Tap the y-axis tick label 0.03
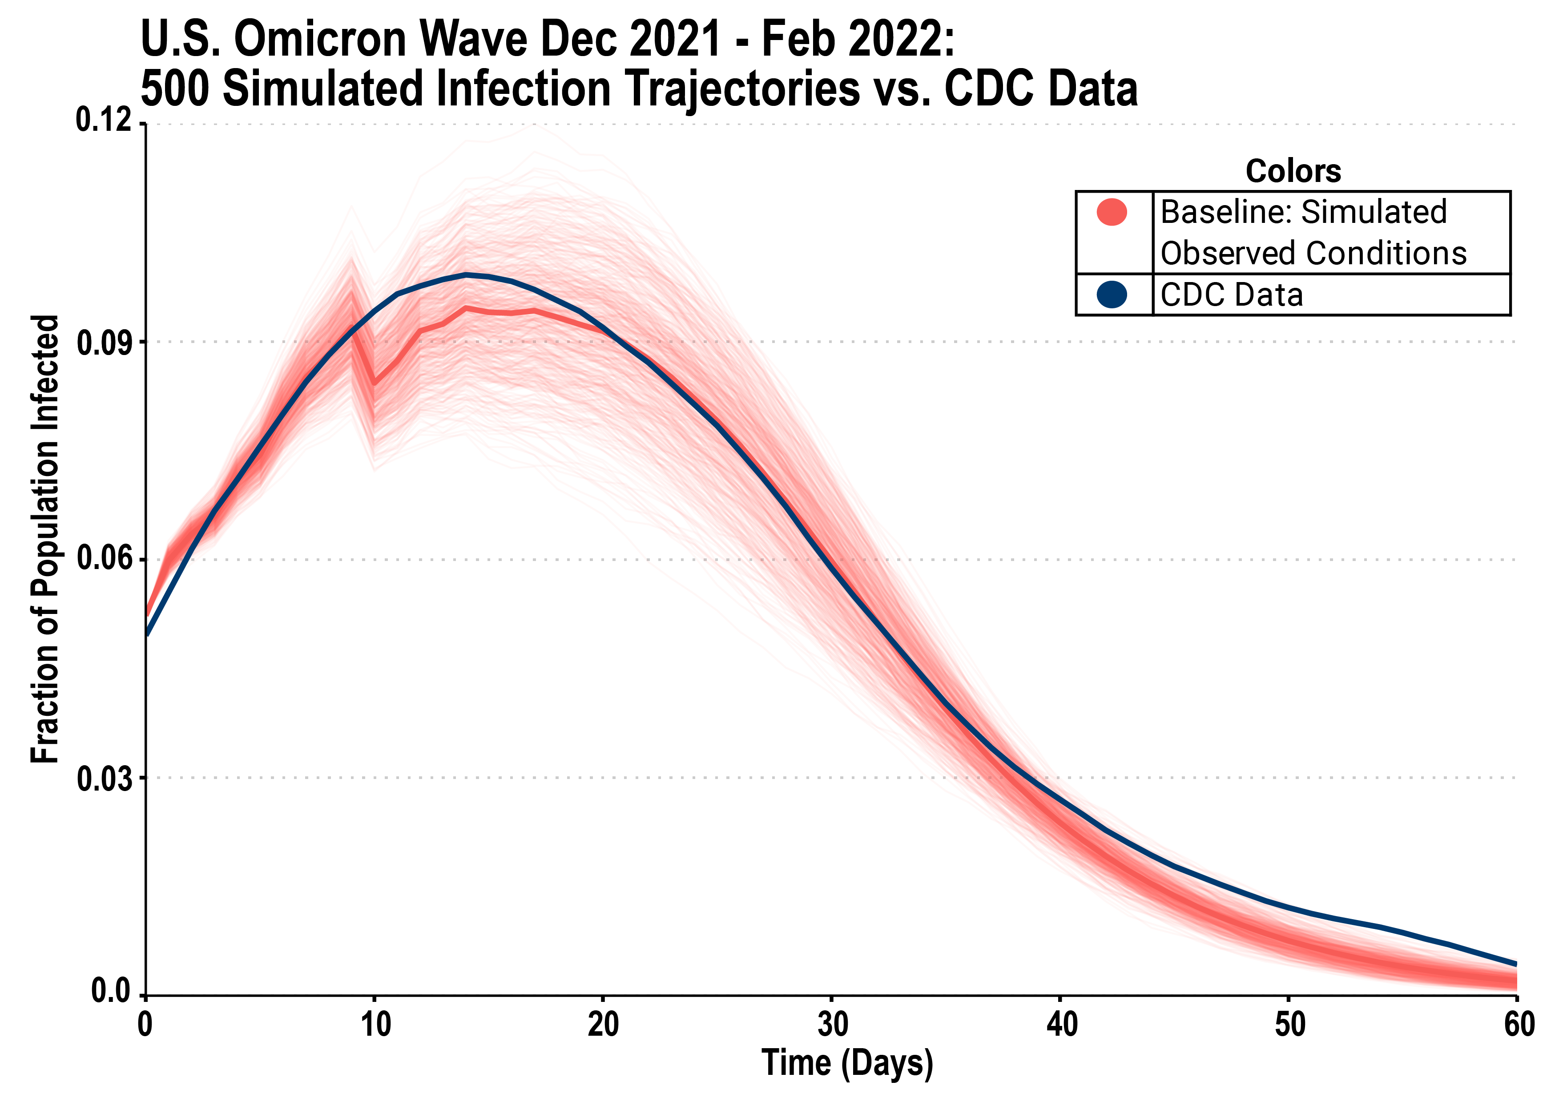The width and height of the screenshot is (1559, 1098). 104,779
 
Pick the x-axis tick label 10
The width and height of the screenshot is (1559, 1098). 375,1025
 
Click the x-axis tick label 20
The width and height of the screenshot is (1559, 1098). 604,1025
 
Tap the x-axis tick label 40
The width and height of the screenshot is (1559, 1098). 1061,1025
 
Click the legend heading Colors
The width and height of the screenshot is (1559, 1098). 1293,171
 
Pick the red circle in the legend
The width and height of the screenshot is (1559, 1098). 1112,213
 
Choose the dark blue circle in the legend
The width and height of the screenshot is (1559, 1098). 1112,295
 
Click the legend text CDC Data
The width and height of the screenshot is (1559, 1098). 1231,295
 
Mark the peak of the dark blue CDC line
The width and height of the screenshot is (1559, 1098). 467,274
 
